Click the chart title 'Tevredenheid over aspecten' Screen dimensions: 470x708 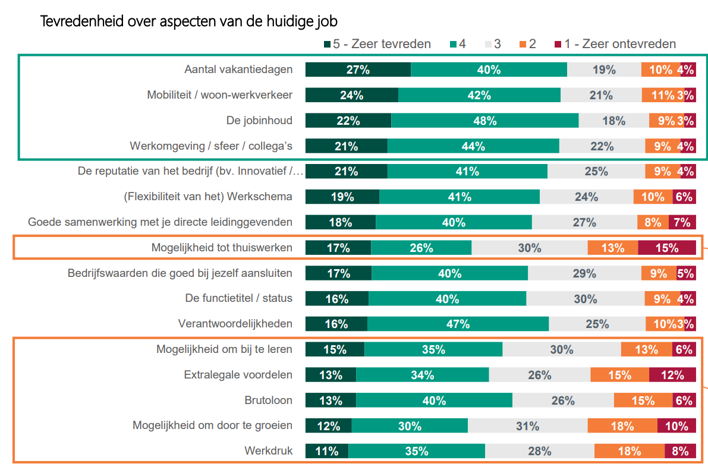tap(188, 22)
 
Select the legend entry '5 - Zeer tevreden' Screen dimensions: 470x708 tap(377, 44)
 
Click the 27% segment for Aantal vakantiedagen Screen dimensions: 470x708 tap(358, 70)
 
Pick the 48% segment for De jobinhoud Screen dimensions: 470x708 tap(484, 121)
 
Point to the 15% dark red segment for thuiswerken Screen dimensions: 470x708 tap(666, 248)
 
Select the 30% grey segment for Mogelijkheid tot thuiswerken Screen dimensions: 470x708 tap(529, 248)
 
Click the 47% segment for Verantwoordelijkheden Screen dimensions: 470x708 tap(458, 324)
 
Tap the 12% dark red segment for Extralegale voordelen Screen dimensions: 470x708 tap(672, 375)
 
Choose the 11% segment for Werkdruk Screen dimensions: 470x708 tap(326, 451)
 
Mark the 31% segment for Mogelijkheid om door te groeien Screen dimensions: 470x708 tap(527, 426)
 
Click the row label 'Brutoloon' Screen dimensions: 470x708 tap(269, 400)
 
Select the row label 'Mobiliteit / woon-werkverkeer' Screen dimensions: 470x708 tap(220, 95)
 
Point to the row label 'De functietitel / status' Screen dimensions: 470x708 tap(239, 298)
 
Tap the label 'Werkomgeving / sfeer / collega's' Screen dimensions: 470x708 tap(211, 146)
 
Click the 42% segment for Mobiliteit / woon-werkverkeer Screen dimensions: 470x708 tap(479, 95)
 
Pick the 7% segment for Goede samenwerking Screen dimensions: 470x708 tap(682, 222)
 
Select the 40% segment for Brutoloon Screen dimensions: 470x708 tap(434, 400)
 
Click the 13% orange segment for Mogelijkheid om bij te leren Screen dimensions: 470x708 tap(646, 349)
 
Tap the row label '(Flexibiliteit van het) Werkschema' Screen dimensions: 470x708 tap(208, 197)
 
